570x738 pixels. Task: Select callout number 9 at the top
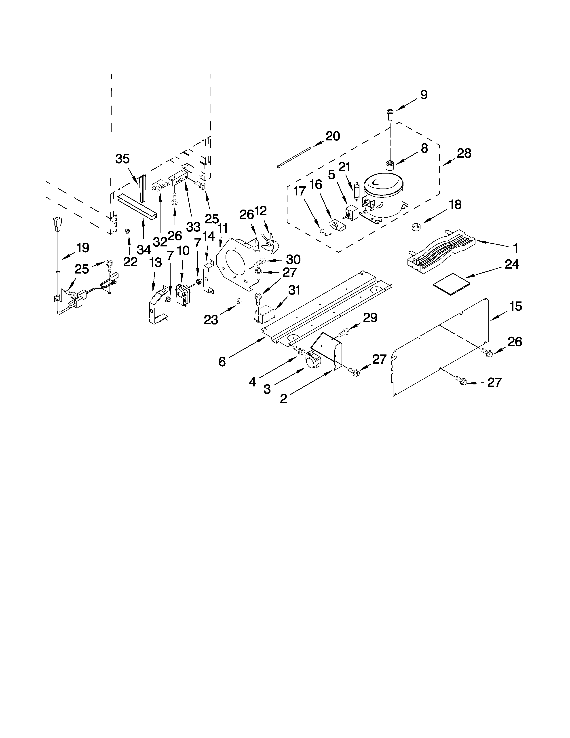(x=424, y=95)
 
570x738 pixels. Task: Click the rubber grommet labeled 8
(x=390, y=165)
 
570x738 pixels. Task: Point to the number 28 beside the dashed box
(x=464, y=153)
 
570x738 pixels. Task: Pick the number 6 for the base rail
(x=222, y=362)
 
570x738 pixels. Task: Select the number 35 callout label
(x=122, y=159)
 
